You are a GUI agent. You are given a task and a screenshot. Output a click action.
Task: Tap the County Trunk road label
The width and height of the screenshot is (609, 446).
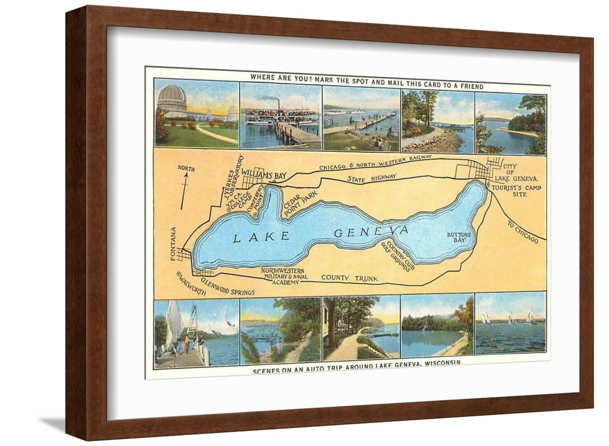tap(350, 278)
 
